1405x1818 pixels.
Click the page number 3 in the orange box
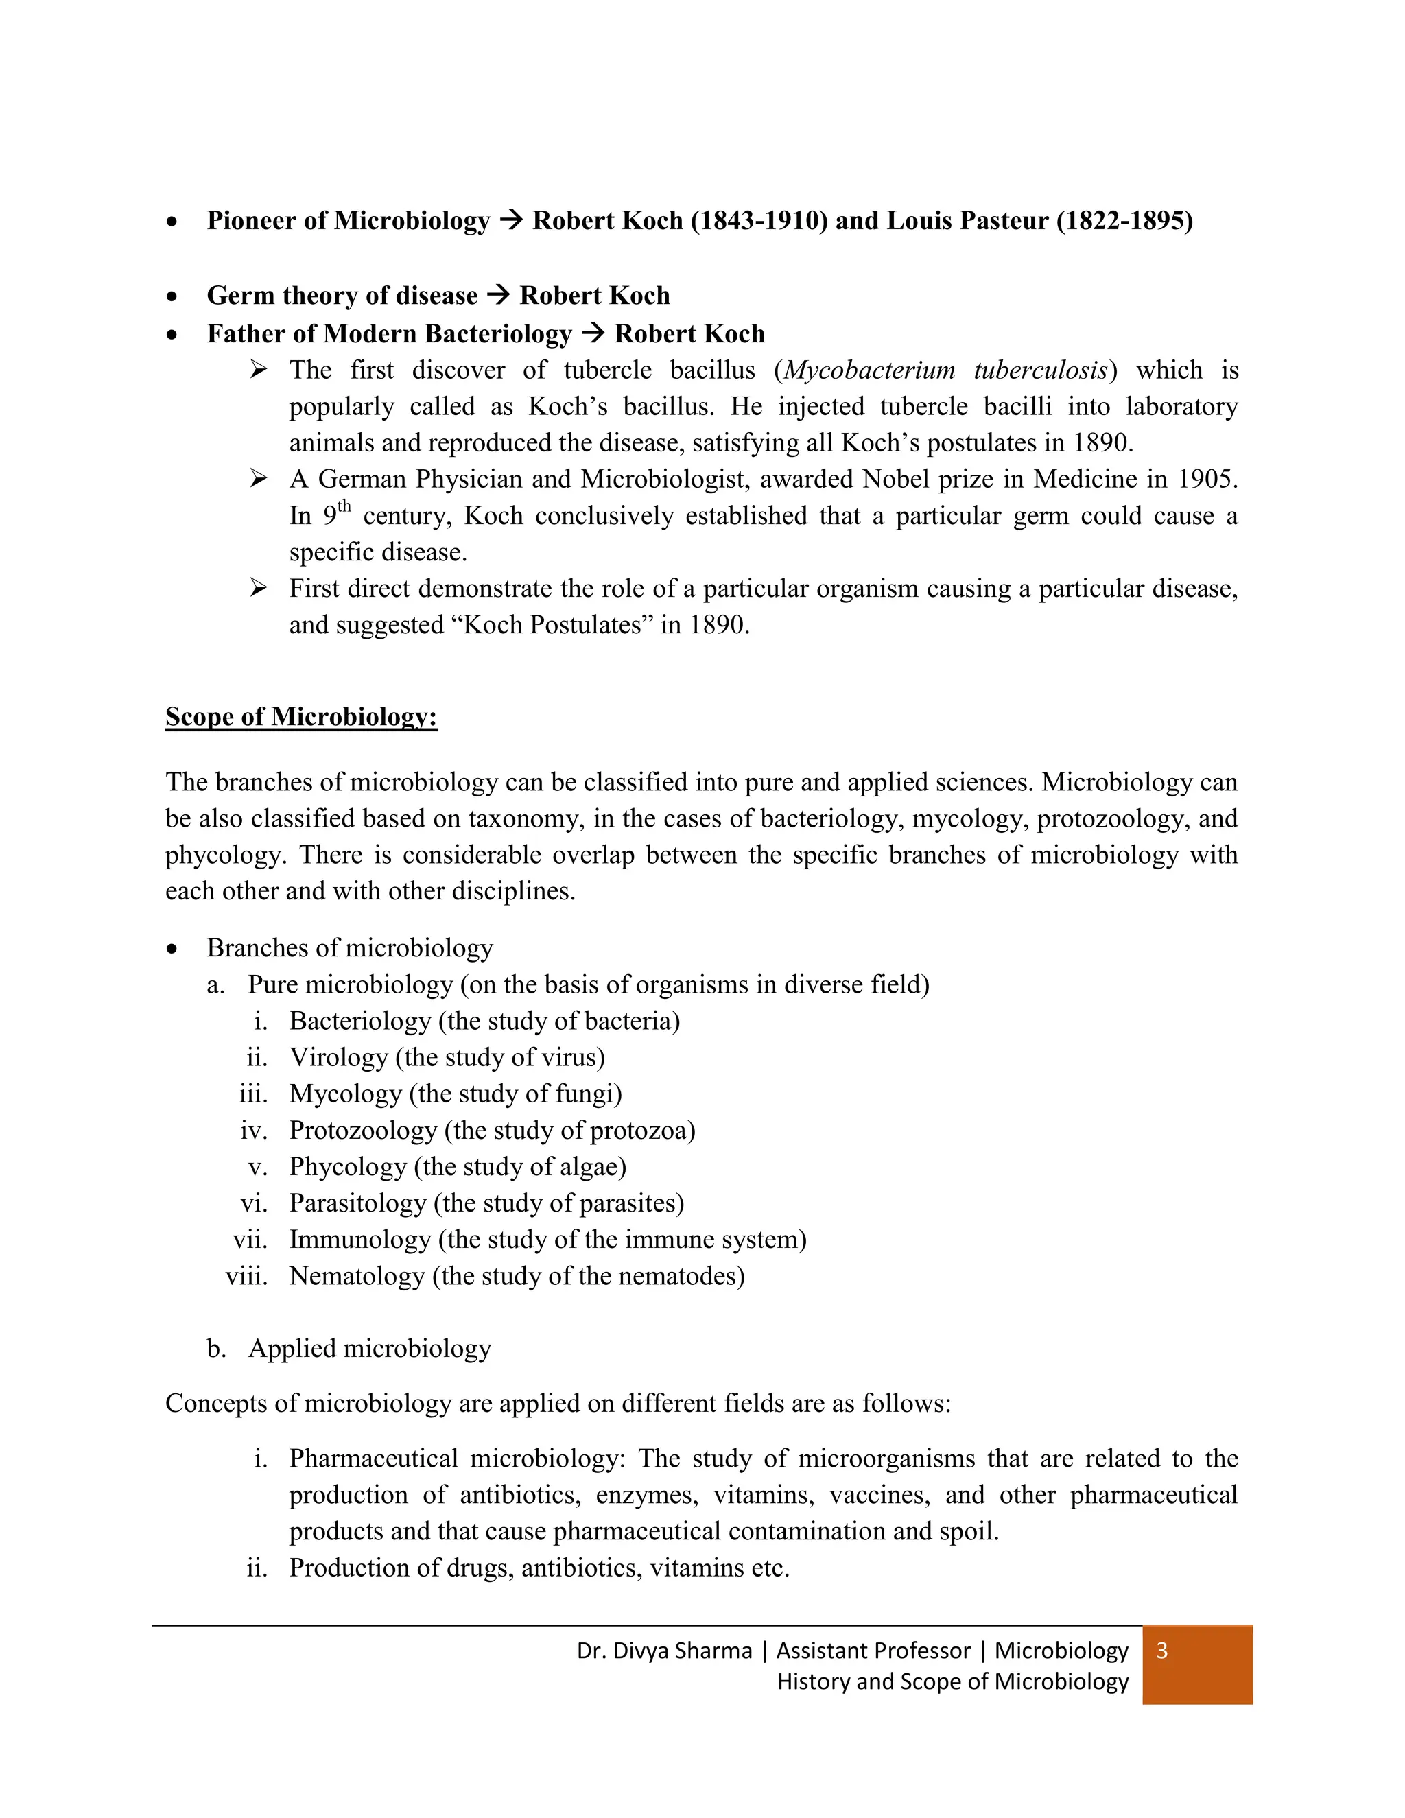(x=1162, y=1650)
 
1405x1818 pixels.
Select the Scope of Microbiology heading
(x=301, y=717)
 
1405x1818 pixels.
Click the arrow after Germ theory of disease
(x=498, y=295)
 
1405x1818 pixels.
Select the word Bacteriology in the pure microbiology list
(x=359, y=1021)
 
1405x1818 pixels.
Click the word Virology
(x=339, y=1057)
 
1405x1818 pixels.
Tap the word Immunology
(x=359, y=1240)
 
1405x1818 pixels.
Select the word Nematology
(x=356, y=1276)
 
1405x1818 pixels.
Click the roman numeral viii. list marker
(x=246, y=1276)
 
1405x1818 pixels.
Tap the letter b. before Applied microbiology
(x=216, y=1349)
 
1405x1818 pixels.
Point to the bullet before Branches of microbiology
(x=172, y=949)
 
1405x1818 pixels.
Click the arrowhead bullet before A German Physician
(x=258, y=479)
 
